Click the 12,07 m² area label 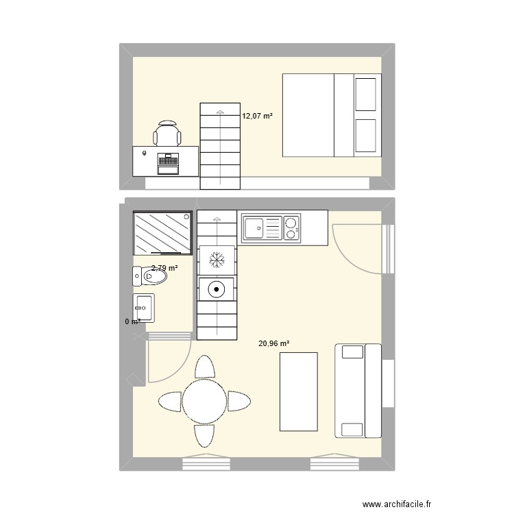257,117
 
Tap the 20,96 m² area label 273,344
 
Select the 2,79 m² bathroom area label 164,269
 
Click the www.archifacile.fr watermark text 408,503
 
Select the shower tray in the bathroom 162,232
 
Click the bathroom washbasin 144,307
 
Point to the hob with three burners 292,228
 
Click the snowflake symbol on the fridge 217,259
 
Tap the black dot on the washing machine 217,289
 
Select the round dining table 204,401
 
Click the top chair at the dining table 204,367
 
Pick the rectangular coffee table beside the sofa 299,391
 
